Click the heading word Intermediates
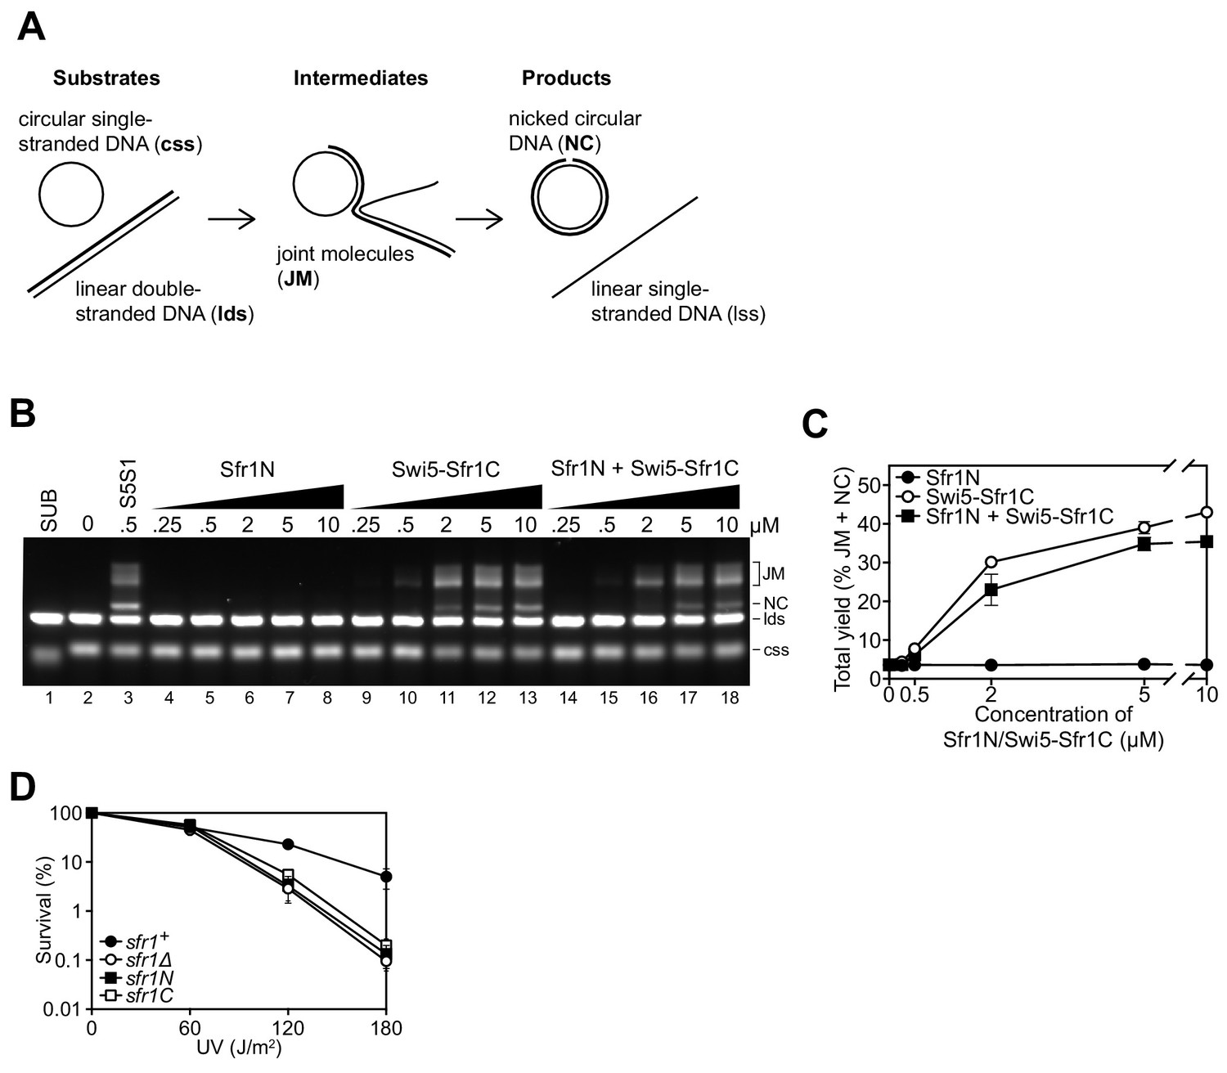[x=361, y=78]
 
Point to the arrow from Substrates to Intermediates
[x=232, y=219]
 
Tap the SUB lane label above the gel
[x=49, y=510]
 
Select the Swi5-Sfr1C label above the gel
[x=446, y=469]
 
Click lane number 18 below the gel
[x=730, y=697]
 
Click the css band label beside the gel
[x=775, y=650]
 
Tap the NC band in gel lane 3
[x=128, y=605]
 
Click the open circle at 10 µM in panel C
[x=1207, y=512]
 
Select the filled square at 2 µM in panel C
[x=991, y=589]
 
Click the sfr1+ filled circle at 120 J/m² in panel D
[x=289, y=844]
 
